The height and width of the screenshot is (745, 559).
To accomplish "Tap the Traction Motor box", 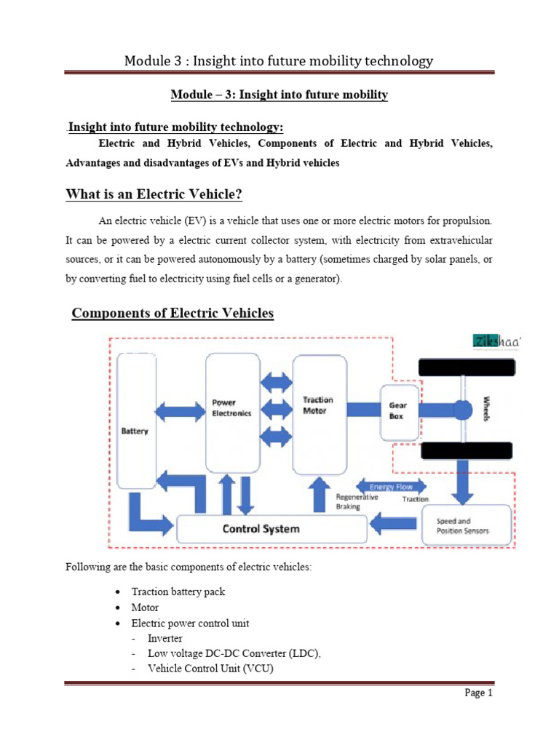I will [319, 411].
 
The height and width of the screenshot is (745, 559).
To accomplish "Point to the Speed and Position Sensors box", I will [462, 526].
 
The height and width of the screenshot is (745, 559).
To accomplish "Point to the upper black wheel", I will [461, 368].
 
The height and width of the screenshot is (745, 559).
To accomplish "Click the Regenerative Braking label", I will [357, 502].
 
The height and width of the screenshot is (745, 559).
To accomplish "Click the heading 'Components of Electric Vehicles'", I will [173, 314].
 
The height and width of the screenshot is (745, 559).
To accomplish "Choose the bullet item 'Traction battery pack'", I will [178, 591].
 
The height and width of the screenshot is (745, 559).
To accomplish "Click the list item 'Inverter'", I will [165, 638].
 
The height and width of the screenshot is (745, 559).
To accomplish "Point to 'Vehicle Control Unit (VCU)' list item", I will [210, 669].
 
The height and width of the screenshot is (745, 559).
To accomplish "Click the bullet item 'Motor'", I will [145, 607].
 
